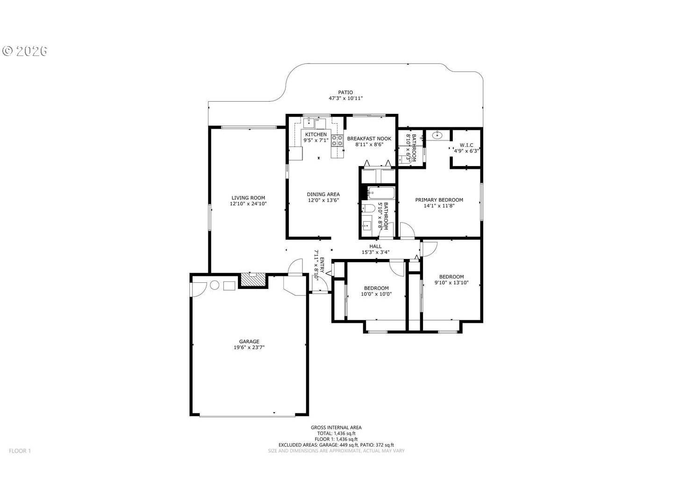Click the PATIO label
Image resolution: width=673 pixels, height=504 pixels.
pos(345,92)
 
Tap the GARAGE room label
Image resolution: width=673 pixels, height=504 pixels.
pos(249,342)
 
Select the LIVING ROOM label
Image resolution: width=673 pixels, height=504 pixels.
pos(248,198)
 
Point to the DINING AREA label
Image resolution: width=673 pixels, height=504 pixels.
pos(323,194)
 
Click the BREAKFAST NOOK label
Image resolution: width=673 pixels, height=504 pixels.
pos(369,139)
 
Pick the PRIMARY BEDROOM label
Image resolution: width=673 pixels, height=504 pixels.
pos(439,200)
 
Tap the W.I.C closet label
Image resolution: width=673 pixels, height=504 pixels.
pos(466,145)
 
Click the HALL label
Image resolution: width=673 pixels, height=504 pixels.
pos(375,246)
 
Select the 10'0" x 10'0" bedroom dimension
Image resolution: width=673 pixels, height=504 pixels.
pos(376,294)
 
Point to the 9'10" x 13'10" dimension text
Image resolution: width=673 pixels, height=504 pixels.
pos(451,283)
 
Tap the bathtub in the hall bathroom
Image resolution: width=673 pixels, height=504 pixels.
pos(380,192)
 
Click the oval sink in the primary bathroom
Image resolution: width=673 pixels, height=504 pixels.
pos(437,134)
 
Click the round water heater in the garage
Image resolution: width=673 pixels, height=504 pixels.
pos(215,285)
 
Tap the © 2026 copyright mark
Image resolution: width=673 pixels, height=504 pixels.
pos(24,51)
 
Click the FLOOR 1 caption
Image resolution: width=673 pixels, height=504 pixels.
pos(20,451)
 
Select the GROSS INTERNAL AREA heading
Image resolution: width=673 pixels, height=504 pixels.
pos(336,427)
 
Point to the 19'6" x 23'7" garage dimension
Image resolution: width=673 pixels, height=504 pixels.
pos(249,347)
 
